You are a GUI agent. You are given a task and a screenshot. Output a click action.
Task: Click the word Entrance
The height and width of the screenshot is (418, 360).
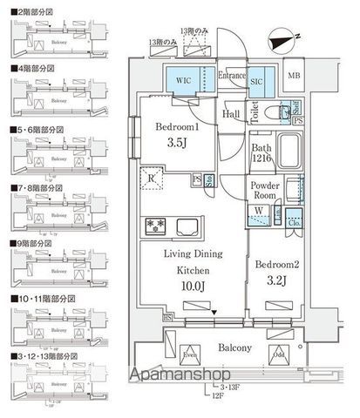[231, 76]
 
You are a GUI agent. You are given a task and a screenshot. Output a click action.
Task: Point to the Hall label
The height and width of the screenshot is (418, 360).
[231, 113]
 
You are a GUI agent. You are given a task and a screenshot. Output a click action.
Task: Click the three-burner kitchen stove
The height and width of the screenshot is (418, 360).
[154, 226]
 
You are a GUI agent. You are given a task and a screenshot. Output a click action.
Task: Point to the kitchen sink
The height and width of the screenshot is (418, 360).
[190, 227]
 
